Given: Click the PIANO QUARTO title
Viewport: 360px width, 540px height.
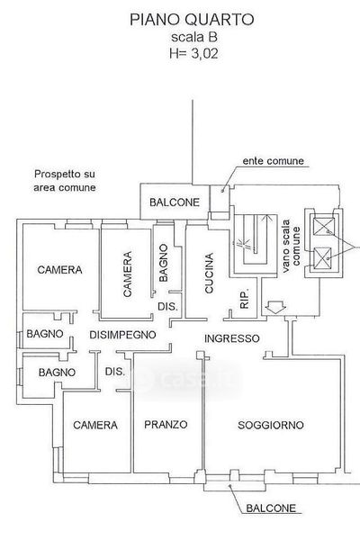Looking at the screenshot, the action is point(192,20).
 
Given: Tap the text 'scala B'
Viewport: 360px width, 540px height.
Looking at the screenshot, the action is point(194,37).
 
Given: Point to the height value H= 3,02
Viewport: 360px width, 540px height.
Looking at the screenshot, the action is point(193,53).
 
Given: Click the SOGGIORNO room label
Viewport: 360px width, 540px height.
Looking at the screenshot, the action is point(271,425).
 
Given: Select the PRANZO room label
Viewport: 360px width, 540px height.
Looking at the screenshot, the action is point(166,424).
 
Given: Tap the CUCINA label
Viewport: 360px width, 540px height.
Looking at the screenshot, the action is point(209,273).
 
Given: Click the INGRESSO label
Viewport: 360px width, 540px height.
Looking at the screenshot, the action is point(232,338).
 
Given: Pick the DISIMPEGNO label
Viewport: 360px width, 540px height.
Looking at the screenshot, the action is point(122,335).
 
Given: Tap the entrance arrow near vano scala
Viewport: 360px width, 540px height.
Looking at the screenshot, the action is point(274,307).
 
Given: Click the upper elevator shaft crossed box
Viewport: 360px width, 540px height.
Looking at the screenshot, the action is point(323,226).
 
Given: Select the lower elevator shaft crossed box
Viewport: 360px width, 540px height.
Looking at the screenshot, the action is point(322,256).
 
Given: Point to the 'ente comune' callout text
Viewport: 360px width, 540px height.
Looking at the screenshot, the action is point(274,161).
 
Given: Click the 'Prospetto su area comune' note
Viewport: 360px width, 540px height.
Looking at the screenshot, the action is point(65,181).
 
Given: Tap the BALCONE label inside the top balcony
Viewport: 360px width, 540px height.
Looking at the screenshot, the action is point(175,202).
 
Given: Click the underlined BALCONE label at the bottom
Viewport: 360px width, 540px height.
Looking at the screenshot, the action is point(271,508).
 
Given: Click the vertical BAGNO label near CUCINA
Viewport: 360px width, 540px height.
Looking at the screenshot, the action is point(164,263).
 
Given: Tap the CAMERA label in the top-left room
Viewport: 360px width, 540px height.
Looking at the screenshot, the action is point(59,270).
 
